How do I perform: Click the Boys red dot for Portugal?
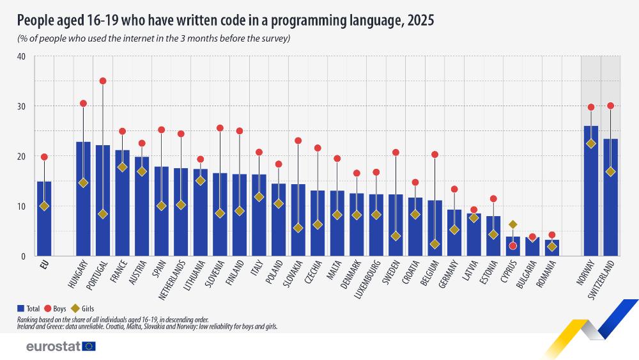[x=103, y=81]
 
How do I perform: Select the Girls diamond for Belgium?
[x=435, y=244]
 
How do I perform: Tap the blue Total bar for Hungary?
[x=83, y=205]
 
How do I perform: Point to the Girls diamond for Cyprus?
[x=512, y=224]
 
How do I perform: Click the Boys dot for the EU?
[x=44, y=157]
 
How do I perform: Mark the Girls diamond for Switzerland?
[x=610, y=171]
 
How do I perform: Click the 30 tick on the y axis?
[x=21, y=106]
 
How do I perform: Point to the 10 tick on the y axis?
[x=21, y=206]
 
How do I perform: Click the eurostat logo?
[x=61, y=347]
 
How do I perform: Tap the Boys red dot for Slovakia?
[x=298, y=141]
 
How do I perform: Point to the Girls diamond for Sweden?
[x=396, y=236]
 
